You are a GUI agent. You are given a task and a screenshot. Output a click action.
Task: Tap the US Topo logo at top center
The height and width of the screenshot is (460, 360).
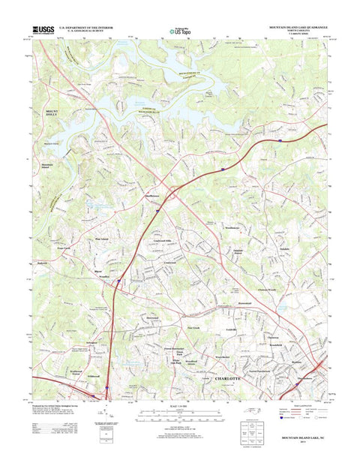[180, 26]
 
